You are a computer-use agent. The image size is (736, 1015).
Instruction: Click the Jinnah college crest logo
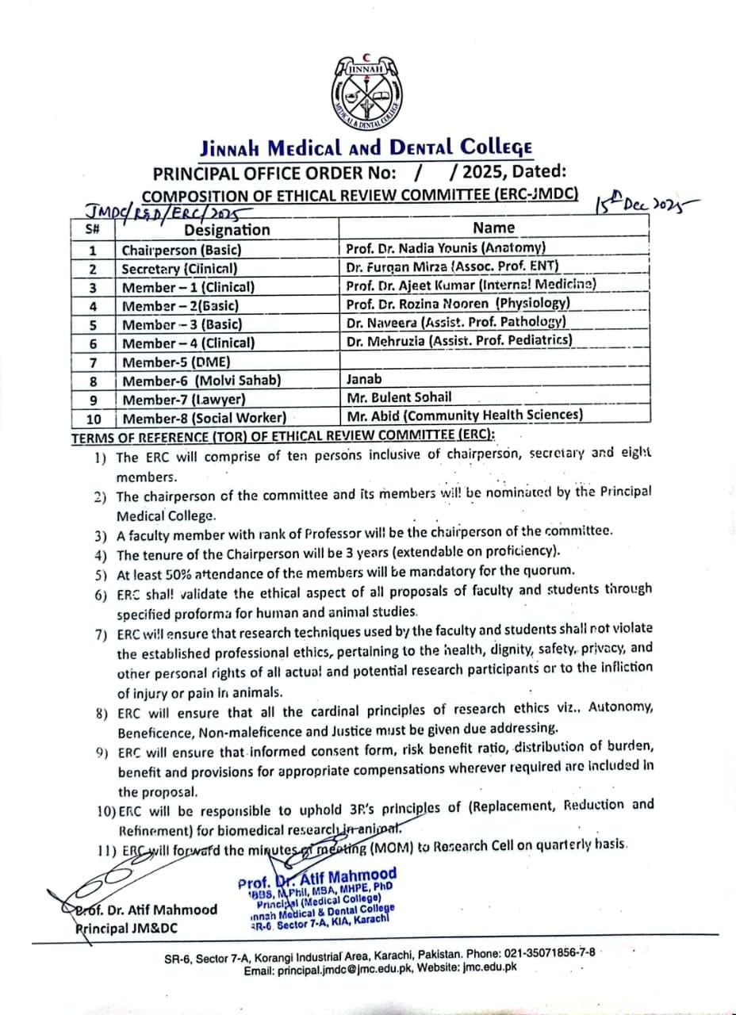pos(367,94)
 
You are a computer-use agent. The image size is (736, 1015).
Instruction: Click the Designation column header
pos(227,230)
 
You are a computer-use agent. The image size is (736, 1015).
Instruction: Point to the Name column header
pos(493,228)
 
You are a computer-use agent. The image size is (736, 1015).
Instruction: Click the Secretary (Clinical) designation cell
pos(179,269)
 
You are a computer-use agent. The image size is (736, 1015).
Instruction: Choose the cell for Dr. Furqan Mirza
pos(453,266)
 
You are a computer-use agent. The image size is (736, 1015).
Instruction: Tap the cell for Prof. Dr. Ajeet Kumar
pos(471,285)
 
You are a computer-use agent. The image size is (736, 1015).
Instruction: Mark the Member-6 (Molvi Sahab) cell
pos(201,380)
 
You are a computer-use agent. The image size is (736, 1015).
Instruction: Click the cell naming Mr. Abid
pos(465,415)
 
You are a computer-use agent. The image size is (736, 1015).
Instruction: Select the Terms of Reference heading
pos(283,435)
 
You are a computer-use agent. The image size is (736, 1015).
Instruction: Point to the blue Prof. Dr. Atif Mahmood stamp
pos(316,901)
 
